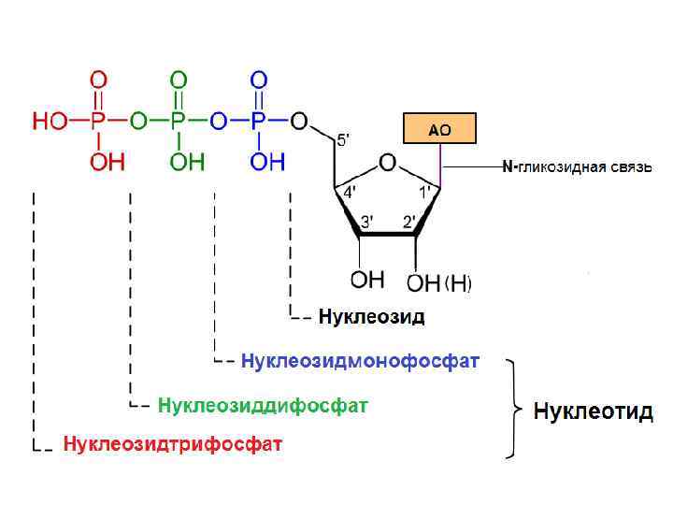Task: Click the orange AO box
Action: [x=438, y=129]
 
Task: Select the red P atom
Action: [x=97, y=122]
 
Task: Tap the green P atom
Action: [x=178, y=122]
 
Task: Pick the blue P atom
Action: [x=259, y=122]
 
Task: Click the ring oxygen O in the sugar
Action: [x=387, y=165]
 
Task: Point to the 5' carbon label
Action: [x=344, y=140]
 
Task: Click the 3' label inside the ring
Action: [x=367, y=222]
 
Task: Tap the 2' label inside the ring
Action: [x=408, y=222]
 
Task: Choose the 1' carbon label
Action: [x=424, y=191]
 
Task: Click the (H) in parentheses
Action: [x=457, y=282]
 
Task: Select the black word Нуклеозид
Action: [x=371, y=316]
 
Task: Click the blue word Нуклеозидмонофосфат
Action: [x=360, y=360]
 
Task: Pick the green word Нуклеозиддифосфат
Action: [x=263, y=405]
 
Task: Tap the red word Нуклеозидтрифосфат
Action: [x=172, y=443]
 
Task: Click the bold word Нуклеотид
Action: [x=593, y=411]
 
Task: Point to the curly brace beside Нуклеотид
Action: [x=513, y=408]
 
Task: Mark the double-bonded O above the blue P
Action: [x=259, y=79]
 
